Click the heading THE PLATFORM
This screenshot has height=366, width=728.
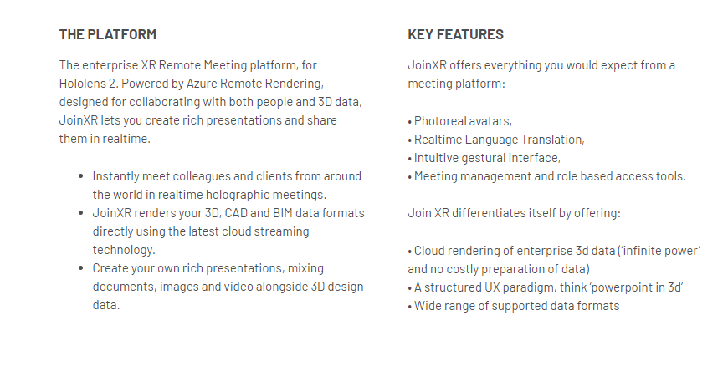pyautogui.click(x=108, y=34)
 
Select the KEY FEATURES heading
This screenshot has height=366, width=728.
pyautogui.click(x=455, y=34)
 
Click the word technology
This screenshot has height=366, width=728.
pyautogui.click(x=123, y=251)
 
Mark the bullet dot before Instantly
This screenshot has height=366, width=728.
pyautogui.click(x=81, y=176)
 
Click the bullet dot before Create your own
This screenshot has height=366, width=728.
pyautogui.click(x=81, y=268)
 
